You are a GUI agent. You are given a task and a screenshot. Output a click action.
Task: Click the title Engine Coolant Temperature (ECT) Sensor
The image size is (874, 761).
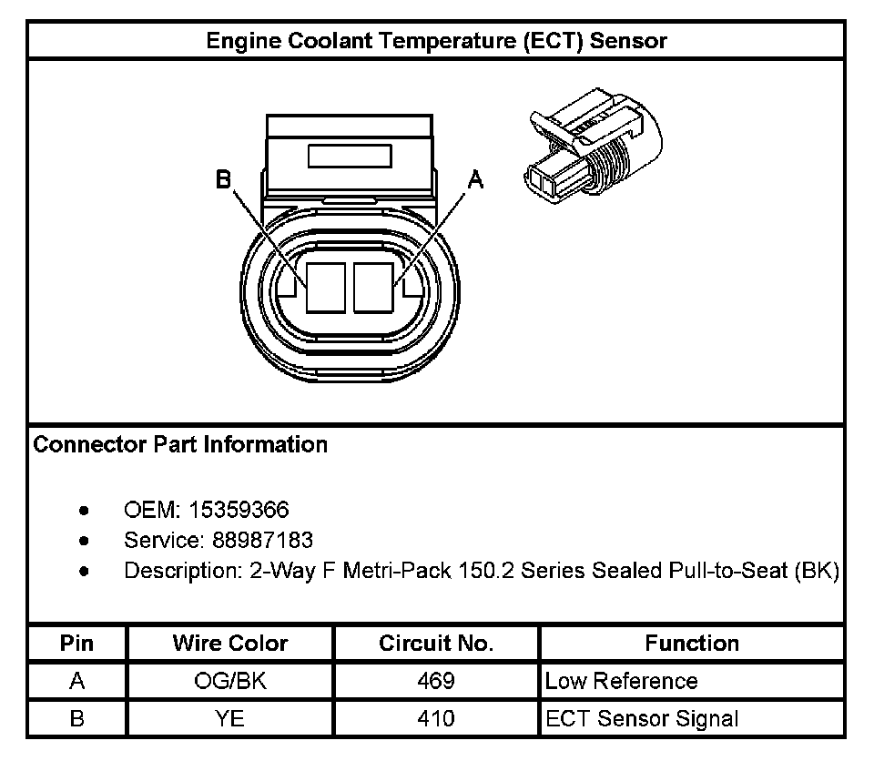pyautogui.click(x=436, y=41)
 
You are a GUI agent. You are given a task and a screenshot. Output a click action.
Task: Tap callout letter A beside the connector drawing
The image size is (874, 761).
pyautogui.click(x=474, y=180)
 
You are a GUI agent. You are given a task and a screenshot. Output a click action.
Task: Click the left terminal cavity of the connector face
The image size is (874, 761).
pyautogui.click(x=325, y=287)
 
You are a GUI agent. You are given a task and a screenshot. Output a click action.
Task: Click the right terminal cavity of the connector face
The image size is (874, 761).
pyautogui.click(x=372, y=287)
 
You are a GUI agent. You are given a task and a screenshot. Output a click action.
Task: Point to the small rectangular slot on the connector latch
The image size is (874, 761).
pyautogui.click(x=350, y=156)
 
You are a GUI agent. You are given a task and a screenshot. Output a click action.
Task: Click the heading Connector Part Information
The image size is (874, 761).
pyautogui.click(x=180, y=445)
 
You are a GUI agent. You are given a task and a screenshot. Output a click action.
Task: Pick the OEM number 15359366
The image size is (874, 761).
pyautogui.click(x=251, y=510)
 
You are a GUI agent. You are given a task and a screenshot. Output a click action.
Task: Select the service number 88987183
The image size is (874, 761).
pyautogui.click(x=262, y=541)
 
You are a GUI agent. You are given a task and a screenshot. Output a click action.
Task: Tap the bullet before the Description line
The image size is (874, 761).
pyautogui.click(x=84, y=572)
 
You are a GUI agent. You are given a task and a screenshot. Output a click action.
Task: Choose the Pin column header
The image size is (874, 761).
pyautogui.click(x=76, y=644)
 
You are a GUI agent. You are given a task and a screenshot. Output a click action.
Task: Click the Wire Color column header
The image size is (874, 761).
pyautogui.click(x=230, y=644)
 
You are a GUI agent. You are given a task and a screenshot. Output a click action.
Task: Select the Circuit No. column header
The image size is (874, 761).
pyautogui.click(x=436, y=644)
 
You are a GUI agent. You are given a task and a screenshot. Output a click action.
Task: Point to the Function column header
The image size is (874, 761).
pyautogui.click(x=692, y=644)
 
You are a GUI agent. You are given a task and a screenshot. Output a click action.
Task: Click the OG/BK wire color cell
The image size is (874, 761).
pyautogui.click(x=230, y=681)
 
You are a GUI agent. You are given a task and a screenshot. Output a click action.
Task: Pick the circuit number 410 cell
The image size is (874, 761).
pyautogui.click(x=436, y=718)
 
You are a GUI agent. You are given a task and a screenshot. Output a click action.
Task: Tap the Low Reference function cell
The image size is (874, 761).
pyautogui.click(x=621, y=681)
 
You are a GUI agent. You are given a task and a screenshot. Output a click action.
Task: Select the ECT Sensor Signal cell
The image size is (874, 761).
pyautogui.click(x=642, y=718)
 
